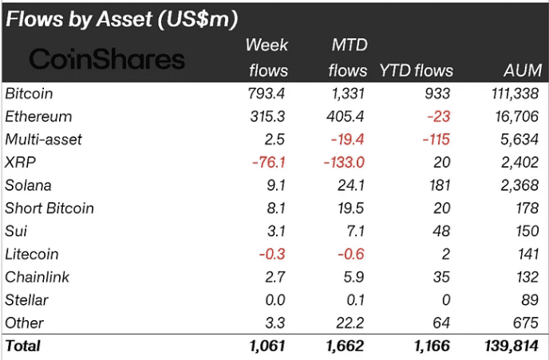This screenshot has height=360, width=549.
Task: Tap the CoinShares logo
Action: click(x=107, y=58)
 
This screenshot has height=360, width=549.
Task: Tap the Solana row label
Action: click(x=29, y=186)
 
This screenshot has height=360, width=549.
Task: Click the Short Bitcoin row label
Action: click(x=49, y=208)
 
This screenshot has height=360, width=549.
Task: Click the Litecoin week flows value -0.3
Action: click(x=271, y=255)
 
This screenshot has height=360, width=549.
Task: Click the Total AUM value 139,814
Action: click(x=513, y=346)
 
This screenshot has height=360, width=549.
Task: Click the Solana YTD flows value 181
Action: click(x=438, y=186)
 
